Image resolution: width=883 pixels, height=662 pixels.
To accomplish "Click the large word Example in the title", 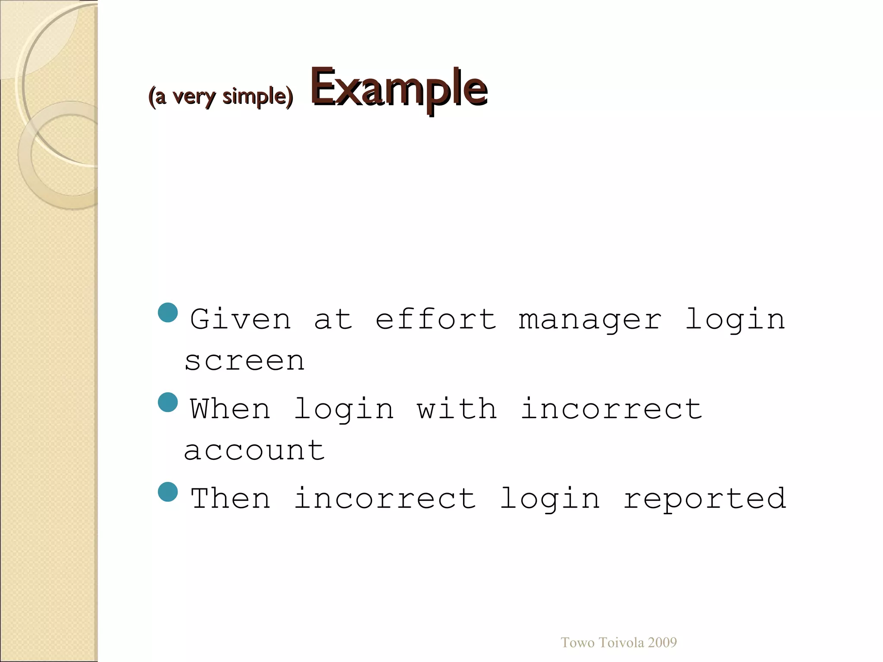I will pos(399,88).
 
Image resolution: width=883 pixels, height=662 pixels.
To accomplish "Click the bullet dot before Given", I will pos(168,312).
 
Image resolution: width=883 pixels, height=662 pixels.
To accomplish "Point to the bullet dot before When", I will pos(168,402).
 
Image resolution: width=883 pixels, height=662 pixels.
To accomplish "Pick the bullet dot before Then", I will pos(168,492).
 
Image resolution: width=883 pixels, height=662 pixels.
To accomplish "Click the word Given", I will pos(241,319).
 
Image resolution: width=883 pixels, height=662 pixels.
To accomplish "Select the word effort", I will pos(436,319).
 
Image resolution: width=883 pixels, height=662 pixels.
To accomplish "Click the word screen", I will pos(244,361).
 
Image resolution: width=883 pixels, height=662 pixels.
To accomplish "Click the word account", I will pos(254,451).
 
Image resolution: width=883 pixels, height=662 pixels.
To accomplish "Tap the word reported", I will pos(705,499).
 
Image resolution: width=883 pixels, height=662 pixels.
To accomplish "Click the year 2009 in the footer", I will pos(662,643).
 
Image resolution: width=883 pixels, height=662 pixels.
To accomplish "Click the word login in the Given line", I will pos(735,320).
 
